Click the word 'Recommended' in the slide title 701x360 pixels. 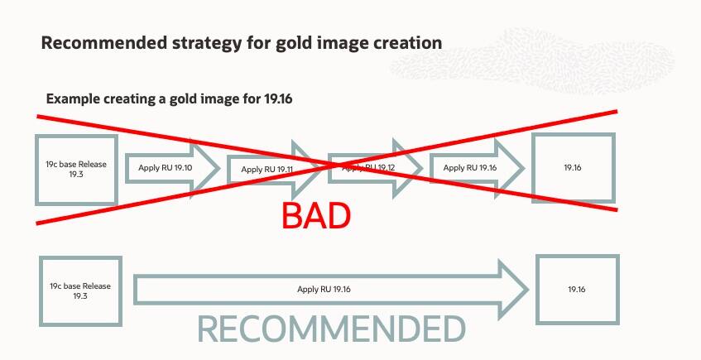click(x=103, y=43)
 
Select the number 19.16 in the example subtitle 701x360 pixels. click(x=278, y=98)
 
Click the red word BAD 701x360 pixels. click(x=316, y=215)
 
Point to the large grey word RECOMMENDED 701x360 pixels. click(x=331, y=329)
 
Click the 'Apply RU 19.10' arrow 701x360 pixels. click(x=173, y=168)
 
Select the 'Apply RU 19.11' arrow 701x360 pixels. click(x=275, y=170)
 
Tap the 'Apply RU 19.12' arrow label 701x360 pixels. click(x=368, y=168)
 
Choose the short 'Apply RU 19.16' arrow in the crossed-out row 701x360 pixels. click(x=477, y=168)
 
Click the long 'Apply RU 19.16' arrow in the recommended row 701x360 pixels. click(x=331, y=290)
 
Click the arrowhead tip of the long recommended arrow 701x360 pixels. click(x=528, y=290)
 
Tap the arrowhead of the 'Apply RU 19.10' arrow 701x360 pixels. click(x=205, y=168)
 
